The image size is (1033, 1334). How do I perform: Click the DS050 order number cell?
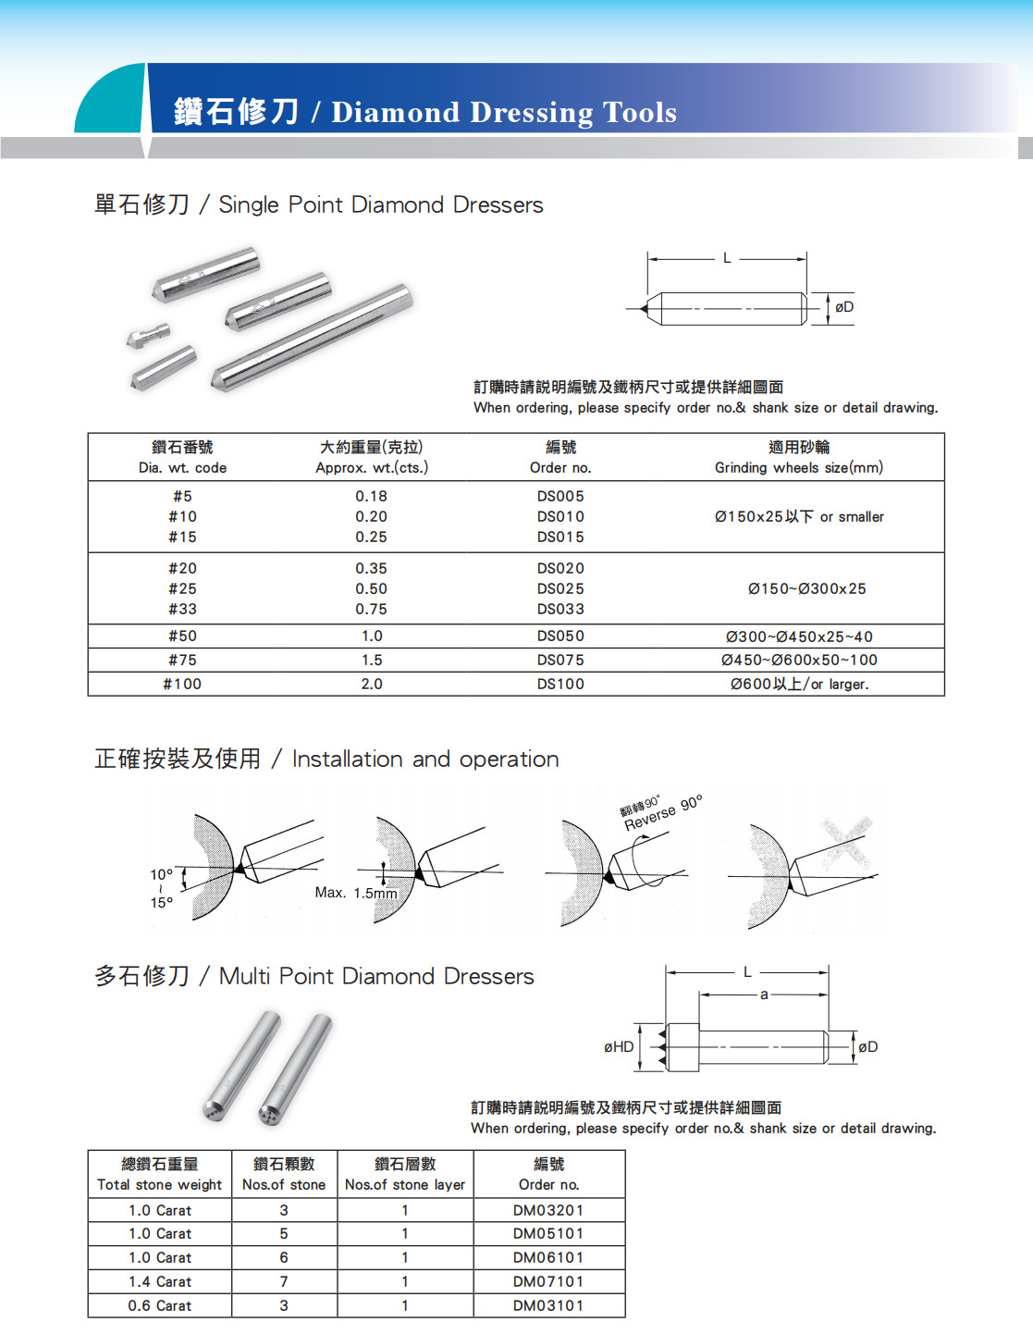tap(560, 636)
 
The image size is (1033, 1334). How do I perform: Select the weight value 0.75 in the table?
tap(371, 609)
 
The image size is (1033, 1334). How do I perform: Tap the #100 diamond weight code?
tap(182, 684)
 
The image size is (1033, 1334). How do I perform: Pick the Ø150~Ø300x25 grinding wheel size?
tap(806, 588)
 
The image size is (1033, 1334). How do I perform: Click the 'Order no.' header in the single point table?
tap(560, 467)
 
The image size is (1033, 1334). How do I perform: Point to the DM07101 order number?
tap(548, 1281)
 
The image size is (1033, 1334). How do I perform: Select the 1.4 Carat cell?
tap(160, 1281)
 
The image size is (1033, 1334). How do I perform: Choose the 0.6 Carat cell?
tap(160, 1305)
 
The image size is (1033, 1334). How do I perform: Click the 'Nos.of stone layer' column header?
tap(405, 1184)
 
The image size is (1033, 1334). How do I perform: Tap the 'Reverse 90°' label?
tap(663, 812)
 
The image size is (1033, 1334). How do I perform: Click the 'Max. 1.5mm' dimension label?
tap(355, 893)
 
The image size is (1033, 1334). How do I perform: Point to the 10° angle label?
tap(161, 874)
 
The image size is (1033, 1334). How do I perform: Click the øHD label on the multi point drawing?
tap(619, 1046)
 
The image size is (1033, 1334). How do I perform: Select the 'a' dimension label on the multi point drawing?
tap(764, 994)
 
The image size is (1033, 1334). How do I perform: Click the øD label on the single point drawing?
tap(844, 307)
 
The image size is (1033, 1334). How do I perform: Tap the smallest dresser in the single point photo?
tap(147, 335)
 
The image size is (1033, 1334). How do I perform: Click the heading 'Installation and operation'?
tap(425, 760)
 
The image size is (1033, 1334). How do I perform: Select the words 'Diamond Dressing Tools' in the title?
tap(504, 112)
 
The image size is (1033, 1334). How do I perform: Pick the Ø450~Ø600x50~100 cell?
tap(799, 660)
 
